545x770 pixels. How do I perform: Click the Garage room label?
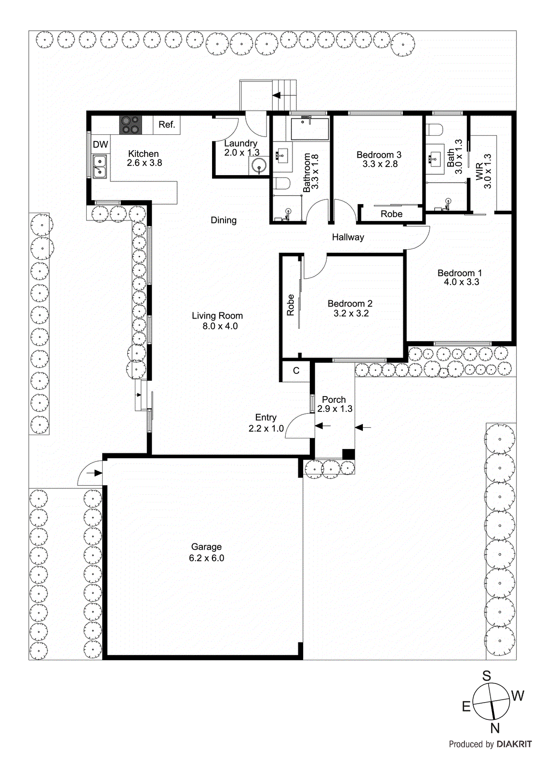206,547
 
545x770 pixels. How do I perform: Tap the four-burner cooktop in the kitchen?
131,125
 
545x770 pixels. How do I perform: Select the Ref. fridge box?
167,125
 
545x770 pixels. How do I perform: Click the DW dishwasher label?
100,144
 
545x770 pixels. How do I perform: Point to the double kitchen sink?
100,166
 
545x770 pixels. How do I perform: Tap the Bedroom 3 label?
379,155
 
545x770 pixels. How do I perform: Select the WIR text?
479,172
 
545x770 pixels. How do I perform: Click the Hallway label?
348,237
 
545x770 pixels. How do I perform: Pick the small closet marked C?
296,371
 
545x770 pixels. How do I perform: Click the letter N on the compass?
495,728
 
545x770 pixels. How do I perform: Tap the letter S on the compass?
487,676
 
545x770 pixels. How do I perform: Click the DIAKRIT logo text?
514,744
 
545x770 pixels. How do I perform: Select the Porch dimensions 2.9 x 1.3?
335,409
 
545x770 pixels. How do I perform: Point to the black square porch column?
348,454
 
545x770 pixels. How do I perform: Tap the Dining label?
224,220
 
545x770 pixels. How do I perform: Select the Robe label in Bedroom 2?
291,305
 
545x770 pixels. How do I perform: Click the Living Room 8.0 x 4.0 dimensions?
220,326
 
